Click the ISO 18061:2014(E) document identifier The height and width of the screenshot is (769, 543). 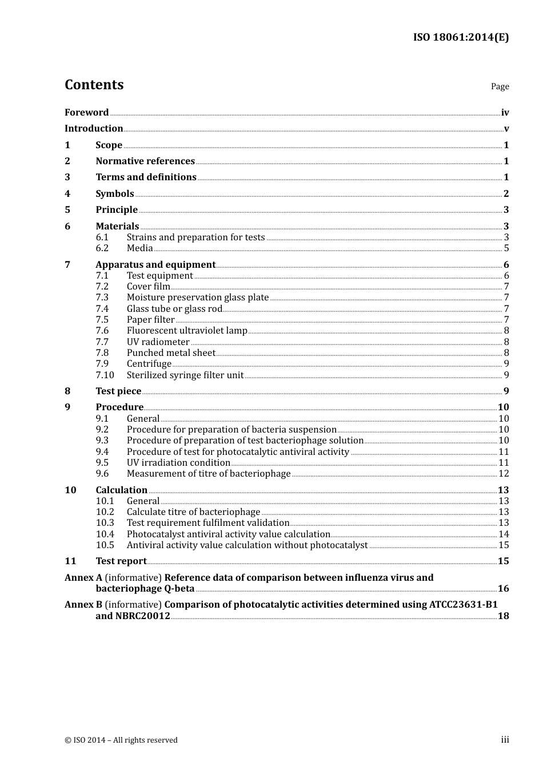tap(461, 37)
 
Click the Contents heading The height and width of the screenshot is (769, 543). tap(94, 85)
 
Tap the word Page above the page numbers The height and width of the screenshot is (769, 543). tap(500, 86)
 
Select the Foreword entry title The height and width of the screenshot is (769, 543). tap(86, 112)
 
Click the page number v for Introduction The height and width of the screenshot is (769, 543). tap(506, 129)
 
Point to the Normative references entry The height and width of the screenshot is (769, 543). tap(145, 161)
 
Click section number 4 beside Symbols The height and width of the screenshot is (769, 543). tap(67, 193)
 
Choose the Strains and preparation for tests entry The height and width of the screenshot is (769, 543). tap(195, 237)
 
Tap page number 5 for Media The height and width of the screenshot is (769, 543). tap(506, 248)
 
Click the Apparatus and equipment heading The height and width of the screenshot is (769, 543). tap(155, 264)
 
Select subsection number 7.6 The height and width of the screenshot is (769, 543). tap(102, 331)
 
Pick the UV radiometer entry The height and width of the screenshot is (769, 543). tap(158, 342)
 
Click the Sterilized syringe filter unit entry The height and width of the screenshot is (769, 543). tap(185, 375)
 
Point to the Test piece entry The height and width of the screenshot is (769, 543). tap(118, 391)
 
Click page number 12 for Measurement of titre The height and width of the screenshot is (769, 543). tap(504, 474)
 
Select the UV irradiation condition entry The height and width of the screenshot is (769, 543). tap(178, 463)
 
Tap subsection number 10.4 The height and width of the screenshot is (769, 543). tap(105, 534)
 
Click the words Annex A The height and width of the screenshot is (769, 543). tap(83, 578)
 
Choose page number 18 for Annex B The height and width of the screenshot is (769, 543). tap(503, 616)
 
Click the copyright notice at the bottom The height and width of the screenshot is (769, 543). tap(121, 740)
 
